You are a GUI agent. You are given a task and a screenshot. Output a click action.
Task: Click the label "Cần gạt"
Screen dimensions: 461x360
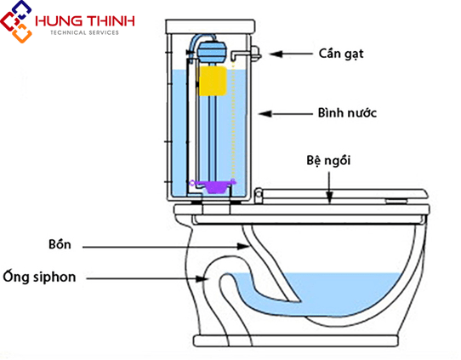click(x=341, y=54)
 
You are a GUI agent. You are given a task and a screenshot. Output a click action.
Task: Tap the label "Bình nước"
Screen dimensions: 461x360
click(x=347, y=113)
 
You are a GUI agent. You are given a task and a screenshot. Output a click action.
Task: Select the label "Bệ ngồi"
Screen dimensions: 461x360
click(x=328, y=161)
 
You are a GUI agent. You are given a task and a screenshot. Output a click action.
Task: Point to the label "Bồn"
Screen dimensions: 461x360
click(x=60, y=244)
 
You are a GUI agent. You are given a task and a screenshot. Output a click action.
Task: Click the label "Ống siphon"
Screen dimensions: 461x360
click(x=39, y=277)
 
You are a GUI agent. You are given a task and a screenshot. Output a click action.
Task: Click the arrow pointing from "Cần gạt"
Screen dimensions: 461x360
click(x=291, y=54)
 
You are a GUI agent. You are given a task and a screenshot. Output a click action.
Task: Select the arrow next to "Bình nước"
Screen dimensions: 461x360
click(x=285, y=113)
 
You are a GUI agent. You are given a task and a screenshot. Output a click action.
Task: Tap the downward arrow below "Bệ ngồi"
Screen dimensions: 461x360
click(x=329, y=187)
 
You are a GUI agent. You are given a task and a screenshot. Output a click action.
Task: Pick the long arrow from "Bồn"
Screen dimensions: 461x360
click(x=166, y=247)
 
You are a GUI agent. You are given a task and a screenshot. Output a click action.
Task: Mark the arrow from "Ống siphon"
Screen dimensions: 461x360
click(x=147, y=278)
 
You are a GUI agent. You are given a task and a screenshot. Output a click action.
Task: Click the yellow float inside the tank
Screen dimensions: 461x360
click(x=213, y=81)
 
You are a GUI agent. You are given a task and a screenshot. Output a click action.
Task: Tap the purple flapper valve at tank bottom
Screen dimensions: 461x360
click(x=213, y=186)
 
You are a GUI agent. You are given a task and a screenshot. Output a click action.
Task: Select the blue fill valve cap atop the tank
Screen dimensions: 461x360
click(x=212, y=51)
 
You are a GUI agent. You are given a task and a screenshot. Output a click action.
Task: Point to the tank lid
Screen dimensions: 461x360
click(x=210, y=26)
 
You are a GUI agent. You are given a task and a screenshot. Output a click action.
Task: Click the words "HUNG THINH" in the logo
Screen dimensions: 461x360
click(x=85, y=21)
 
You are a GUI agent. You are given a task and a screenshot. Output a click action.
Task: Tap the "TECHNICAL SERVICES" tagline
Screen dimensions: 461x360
click(x=84, y=32)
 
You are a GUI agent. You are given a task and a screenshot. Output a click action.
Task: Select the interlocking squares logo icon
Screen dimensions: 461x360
click(x=16, y=21)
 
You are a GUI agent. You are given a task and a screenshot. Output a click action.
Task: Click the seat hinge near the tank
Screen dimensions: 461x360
click(x=259, y=195)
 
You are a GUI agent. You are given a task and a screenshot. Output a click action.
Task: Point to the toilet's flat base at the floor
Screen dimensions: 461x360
click(x=296, y=340)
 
